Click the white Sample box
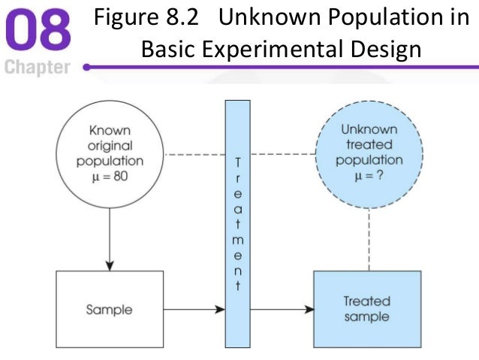[x=110, y=309]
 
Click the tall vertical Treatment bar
[x=238, y=225]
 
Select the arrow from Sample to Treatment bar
[x=194, y=309]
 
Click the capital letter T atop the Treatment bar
[x=238, y=162]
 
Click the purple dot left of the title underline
[x=88, y=68]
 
